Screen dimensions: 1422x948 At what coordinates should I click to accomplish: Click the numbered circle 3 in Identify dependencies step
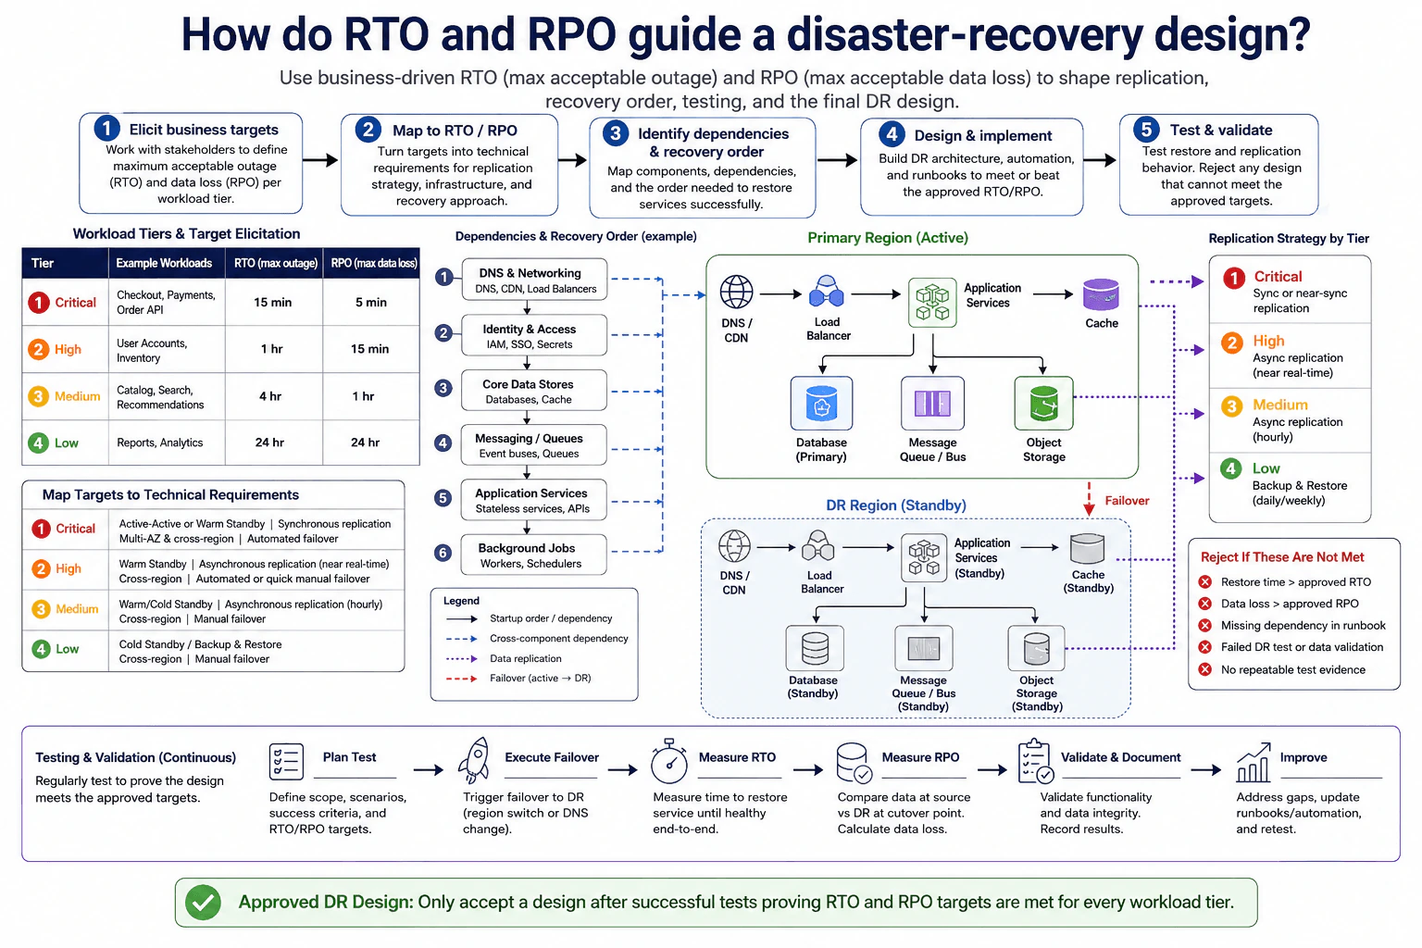(x=615, y=133)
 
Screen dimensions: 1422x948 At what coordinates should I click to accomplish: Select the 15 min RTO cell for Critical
(x=273, y=302)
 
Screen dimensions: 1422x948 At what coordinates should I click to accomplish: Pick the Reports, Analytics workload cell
(x=160, y=443)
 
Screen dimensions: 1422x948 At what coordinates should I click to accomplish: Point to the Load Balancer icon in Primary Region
(x=827, y=292)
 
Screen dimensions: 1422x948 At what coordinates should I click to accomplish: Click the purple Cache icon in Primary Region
(x=1101, y=294)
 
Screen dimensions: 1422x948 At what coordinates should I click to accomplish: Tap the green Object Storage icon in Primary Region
(x=1043, y=404)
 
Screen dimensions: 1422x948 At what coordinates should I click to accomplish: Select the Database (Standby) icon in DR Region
(x=815, y=648)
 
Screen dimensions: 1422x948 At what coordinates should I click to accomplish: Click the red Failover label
(x=1127, y=500)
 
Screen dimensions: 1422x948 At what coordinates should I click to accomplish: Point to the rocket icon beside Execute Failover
(x=475, y=759)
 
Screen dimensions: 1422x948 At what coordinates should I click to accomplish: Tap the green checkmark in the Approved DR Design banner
(x=203, y=903)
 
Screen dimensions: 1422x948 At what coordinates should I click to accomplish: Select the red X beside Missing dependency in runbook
(x=1204, y=626)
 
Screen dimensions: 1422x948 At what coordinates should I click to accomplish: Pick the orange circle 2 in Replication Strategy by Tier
(x=1232, y=343)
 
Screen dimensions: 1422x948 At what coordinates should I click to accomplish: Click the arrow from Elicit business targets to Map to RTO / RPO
(x=320, y=160)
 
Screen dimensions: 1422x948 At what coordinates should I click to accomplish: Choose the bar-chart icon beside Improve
(x=1254, y=762)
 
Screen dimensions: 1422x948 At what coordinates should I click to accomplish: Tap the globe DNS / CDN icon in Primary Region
(x=736, y=292)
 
